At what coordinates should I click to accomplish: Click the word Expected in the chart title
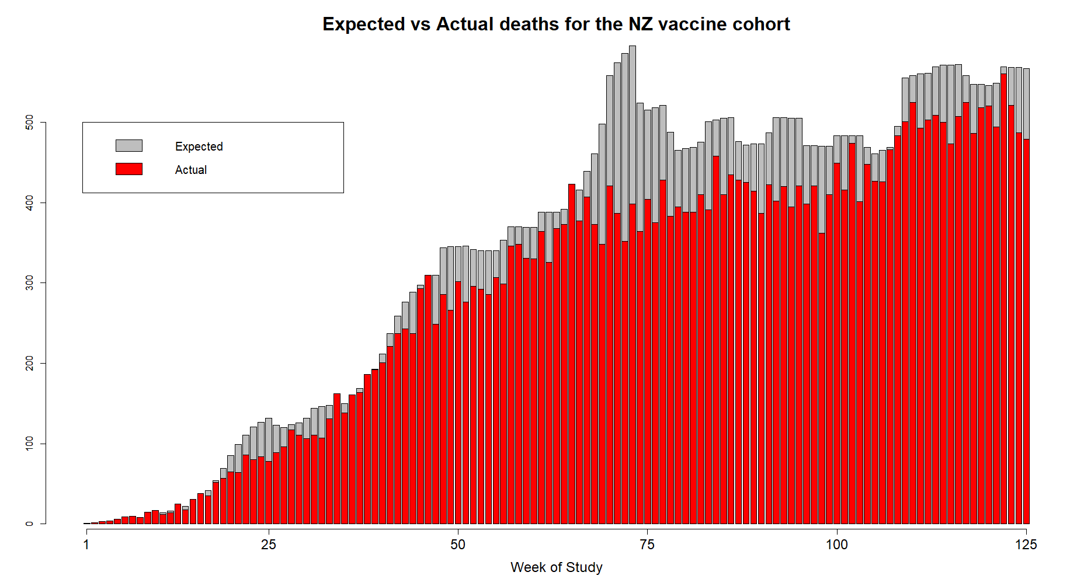[363, 24]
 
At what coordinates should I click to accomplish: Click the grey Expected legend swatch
[129, 146]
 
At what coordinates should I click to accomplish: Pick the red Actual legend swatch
[129, 169]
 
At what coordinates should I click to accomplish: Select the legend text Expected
[199, 146]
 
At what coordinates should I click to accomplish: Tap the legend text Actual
[191, 170]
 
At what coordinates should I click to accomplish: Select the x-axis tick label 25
[269, 545]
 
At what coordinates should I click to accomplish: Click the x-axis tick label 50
[458, 545]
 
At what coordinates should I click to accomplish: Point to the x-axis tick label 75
[647, 545]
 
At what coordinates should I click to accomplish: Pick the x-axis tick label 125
[1026, 545]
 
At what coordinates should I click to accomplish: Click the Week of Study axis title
[556, 567]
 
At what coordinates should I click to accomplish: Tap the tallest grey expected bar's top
[633, 47]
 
